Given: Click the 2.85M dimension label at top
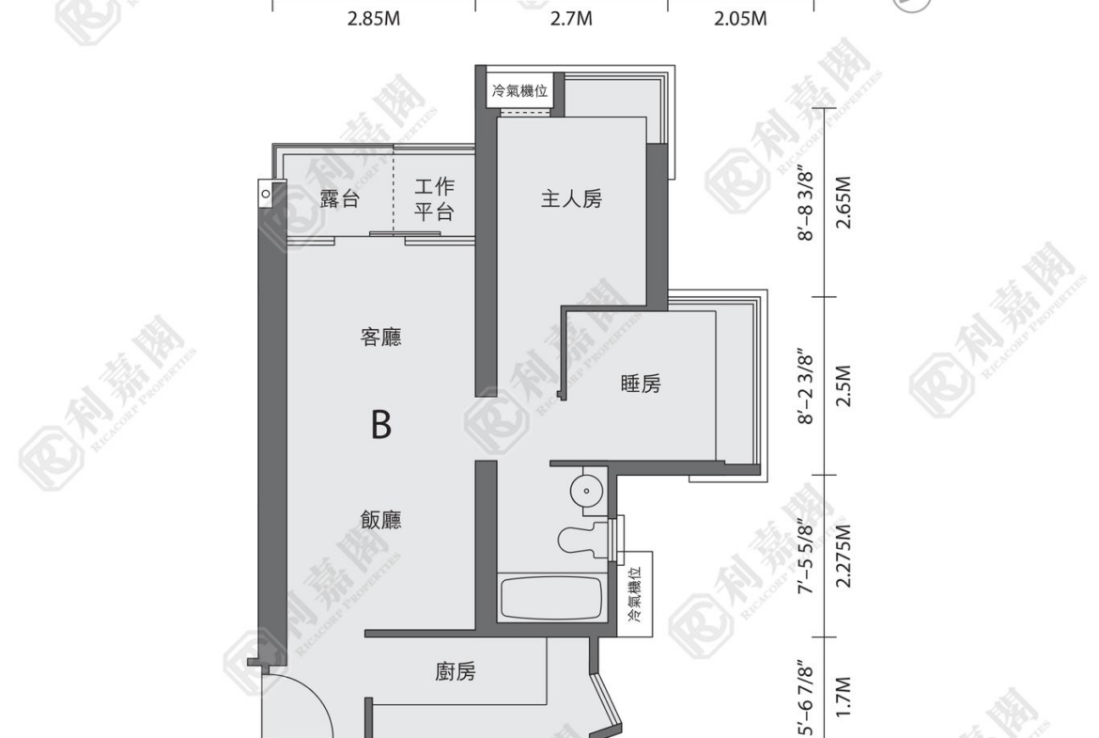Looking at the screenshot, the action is (374, 18).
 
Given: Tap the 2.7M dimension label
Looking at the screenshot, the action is (571, 18).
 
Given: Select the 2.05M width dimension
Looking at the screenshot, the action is (740, 18).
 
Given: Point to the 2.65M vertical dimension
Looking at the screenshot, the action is (844, 202).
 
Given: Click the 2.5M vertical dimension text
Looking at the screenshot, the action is (844, 385).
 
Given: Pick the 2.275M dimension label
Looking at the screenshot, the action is (844, 556).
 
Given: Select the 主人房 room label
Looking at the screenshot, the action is (571, 199).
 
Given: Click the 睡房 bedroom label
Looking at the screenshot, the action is (641, 384).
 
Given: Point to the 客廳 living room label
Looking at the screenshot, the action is (380, 338).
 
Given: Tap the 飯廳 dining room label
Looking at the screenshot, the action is (380, 520).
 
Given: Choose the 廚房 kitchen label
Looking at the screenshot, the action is (456, 672).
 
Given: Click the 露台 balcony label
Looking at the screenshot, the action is (340, 199).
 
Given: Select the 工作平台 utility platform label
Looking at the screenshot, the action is (434, 199).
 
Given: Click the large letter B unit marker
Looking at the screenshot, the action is (381, 424).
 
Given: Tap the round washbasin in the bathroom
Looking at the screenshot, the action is (586, 490).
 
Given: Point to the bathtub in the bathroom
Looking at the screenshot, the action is (551, 598).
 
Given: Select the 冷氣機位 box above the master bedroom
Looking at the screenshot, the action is (520, 91).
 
